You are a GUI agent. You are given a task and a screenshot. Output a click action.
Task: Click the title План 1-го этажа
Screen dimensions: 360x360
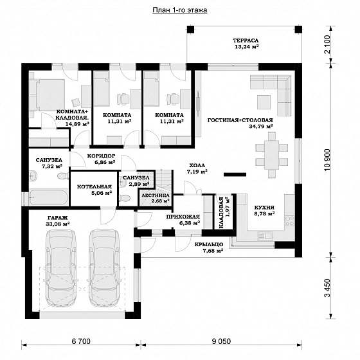pos(180,10)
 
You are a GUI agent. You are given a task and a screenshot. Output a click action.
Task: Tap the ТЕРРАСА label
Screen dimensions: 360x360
pos(246,40)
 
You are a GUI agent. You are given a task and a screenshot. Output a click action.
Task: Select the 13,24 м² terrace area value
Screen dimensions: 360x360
pos(247,47)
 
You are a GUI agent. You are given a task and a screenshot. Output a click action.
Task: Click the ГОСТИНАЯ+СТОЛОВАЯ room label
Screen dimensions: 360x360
pos(240,120)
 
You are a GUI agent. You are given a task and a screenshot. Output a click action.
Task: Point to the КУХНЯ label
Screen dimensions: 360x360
pos(264,208)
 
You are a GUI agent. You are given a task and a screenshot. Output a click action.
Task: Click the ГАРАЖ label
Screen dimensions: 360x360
pos(58,218)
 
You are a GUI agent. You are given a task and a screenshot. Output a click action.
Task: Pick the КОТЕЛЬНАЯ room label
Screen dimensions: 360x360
pos(94,186)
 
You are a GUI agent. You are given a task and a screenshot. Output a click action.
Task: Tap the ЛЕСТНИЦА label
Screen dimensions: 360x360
pos(156,195)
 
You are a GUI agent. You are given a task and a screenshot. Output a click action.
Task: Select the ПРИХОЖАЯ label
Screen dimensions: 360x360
pos(183,217)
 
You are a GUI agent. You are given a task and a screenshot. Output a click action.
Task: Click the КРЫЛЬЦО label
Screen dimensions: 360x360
pos(209,245)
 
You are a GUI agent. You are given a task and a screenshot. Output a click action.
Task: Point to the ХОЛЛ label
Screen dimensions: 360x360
pos(197,165)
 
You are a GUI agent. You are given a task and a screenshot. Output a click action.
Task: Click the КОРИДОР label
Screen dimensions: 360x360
pos(102,156)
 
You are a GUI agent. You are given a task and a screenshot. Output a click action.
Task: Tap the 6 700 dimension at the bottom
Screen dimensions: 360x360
pos(81,341)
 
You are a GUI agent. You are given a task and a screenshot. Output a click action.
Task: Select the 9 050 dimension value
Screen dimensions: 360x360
pos(221,341)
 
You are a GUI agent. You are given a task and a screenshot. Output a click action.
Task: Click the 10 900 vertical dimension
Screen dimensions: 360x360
pos(327,160)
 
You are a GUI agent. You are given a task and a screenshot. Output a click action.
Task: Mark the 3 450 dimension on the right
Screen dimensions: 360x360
pos(327,288)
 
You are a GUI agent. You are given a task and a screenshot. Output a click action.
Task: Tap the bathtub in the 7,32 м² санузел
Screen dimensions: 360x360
pos(48,197)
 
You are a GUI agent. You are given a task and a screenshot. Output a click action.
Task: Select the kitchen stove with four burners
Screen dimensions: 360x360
pos(289,221)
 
